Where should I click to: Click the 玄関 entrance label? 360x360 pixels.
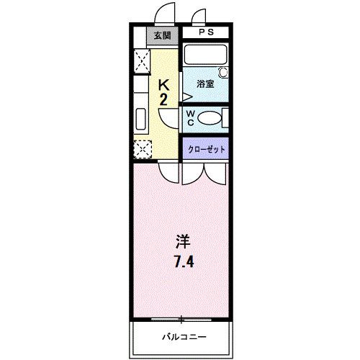pos(163,35)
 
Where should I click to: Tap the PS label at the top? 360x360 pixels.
pos(205,32)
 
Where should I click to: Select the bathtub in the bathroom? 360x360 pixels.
pos(204,55)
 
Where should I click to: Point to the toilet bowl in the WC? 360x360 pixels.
pos(209,119)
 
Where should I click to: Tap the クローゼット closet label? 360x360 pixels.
pos(207,149)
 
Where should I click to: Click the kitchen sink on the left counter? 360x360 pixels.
pos(140,119)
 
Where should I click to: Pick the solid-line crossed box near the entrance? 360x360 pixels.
pos(141,60)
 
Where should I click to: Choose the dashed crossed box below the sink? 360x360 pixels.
pos(142,150)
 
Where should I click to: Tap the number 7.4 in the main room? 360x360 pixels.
pos(182,260)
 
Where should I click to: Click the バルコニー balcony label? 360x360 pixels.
pos(183,336)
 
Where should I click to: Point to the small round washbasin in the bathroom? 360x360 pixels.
pos(222,73)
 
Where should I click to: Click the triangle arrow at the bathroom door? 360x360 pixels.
pos(186,95)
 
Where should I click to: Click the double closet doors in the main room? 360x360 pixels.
pos(204,173)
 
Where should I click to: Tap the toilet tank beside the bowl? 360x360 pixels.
pos(225,118)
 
